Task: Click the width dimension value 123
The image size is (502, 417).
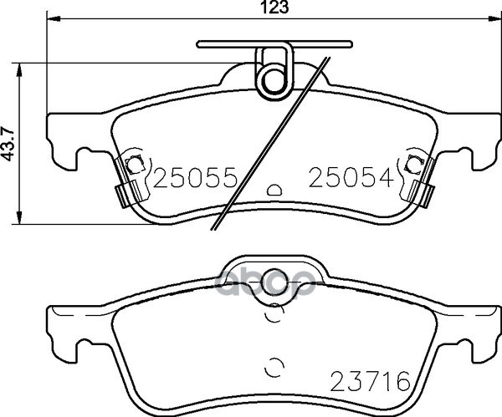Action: coord(274,7)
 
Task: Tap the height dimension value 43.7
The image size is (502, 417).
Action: coord(9,144)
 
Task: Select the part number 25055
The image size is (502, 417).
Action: coord(195,178)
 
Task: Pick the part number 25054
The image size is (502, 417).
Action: coord(351,178)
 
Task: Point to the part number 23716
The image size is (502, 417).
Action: coord(370,381)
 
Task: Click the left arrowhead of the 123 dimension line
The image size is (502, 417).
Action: coord(54,19)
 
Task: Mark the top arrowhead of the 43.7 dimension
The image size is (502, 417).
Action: coord(19,70)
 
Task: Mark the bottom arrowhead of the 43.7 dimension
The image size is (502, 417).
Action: coord(19,217)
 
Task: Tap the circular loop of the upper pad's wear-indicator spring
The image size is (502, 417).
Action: coord(263,82)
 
